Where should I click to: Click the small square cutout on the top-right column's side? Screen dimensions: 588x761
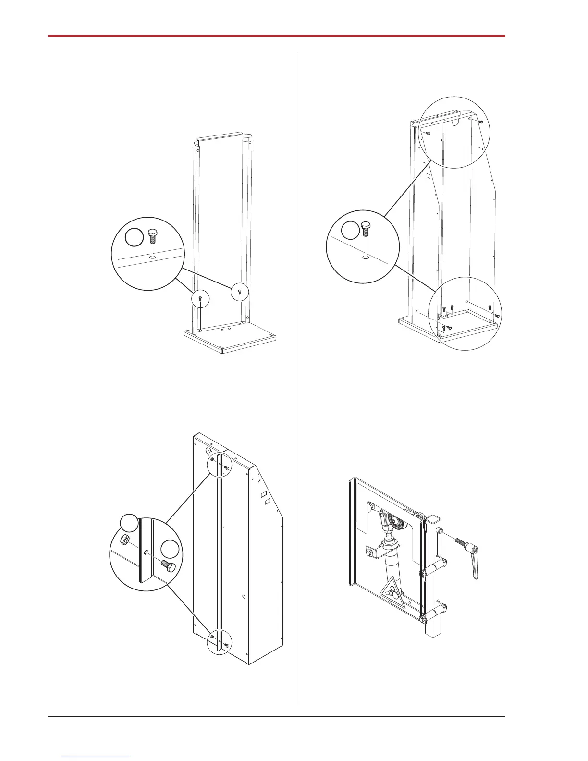coord(427,176)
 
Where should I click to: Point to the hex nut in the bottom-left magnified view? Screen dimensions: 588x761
coord(124,540)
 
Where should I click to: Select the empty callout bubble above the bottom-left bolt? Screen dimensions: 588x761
coord(170,550)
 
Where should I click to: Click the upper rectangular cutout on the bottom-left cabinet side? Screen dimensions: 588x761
coord(263,493)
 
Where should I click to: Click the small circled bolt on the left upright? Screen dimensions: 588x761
coord(201,300)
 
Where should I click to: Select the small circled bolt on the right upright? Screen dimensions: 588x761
coord(239,291)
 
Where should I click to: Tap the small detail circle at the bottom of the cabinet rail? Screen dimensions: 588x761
coord(219,641)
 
